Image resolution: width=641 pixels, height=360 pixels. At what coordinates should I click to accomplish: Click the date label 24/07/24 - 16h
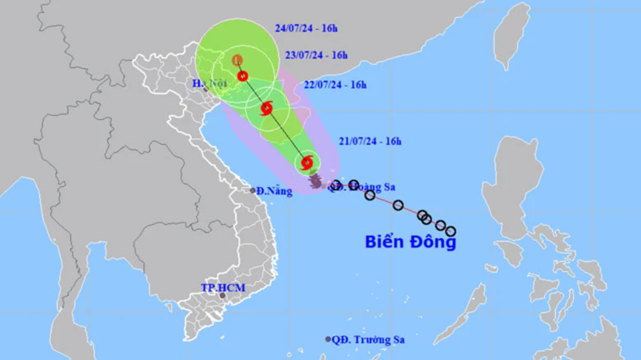[x=306, y=28]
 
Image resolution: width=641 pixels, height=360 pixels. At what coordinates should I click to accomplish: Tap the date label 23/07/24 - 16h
[x=316, y=55]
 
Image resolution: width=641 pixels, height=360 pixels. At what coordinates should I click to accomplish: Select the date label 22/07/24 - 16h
[x=335, y=85]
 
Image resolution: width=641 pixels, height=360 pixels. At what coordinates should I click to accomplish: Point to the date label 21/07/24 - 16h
[x=370, y=141]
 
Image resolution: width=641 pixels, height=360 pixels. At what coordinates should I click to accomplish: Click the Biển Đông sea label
[x=410, y=242]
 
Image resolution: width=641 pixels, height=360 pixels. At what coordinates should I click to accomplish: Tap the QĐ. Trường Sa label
[x=368, y=339]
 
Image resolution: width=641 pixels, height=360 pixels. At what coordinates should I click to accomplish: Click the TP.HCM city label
[x=223, y=288]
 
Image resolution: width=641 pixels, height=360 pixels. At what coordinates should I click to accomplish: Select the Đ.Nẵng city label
[x=274, y=191]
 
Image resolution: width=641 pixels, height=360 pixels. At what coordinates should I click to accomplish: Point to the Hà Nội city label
[x=209, y=84]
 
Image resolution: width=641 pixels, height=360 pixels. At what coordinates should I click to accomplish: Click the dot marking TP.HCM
[x=222, y=296]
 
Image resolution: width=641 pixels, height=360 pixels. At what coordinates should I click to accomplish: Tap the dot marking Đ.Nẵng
[x=253, y=190]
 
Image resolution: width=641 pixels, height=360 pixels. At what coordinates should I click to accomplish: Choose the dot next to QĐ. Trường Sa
[x=328, y=339]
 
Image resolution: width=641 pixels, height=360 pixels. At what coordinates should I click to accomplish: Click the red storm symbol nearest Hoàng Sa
[x=307, y=163]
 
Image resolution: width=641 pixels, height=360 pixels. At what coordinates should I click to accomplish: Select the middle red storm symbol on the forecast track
[x=267, y=108]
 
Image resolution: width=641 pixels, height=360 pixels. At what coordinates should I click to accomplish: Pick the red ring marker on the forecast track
[x=243, y=76]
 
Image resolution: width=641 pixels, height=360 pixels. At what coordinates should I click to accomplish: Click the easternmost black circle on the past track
[x=451, y=231]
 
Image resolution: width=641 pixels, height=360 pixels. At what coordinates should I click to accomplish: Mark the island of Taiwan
[x=511, y=36]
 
